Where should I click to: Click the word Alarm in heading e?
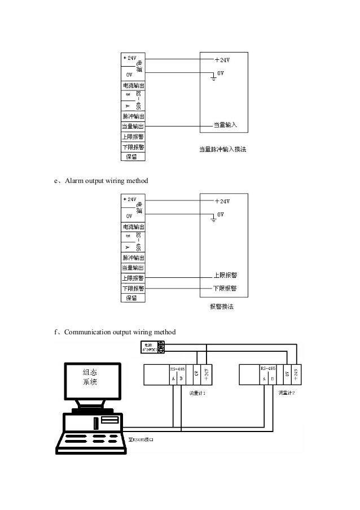click(x=74, y=181)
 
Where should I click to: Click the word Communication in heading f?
click(x=87, y=332)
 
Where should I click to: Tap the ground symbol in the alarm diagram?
click(x=212, y=219)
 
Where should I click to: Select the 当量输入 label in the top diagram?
click(x=225, y=124)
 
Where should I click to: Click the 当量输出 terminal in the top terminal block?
click(x=133, y=126)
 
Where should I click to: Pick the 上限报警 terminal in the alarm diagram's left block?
click(x=133, y=277)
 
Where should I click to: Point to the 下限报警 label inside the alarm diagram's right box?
click(x=225, y=287)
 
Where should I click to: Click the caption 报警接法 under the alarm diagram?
click(x=221, y=307)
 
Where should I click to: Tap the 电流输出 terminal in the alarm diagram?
click(x=133, y=226)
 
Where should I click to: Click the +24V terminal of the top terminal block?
click(x=129, y=58)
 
